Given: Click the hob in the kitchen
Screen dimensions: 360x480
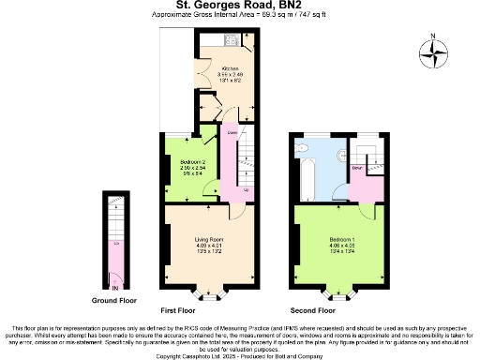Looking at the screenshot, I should click(231, 41).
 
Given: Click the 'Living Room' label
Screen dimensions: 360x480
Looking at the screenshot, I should click(209, 240).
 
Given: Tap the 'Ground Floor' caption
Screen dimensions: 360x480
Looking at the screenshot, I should click(113, 301).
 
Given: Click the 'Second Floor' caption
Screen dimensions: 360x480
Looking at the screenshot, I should click(314, 309).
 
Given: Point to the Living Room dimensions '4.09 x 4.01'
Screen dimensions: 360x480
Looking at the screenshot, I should click(209, 247).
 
